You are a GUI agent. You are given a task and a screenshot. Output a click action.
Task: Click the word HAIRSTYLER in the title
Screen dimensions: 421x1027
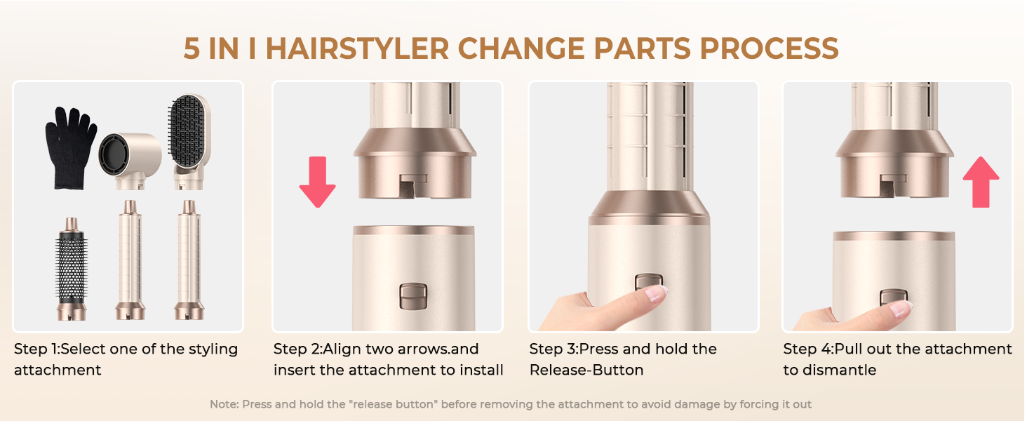[x=358, y=48]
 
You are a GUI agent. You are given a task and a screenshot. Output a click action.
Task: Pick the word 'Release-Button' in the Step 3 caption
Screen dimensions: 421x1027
[x=586, y=370]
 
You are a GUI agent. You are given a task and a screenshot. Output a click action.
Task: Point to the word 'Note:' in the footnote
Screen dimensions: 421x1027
[x=224, y=404]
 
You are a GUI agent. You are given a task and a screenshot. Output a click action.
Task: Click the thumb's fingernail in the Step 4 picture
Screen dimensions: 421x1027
[x=899, y=307]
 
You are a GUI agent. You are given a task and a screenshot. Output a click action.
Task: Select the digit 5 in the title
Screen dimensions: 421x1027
[x=192, y=48]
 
